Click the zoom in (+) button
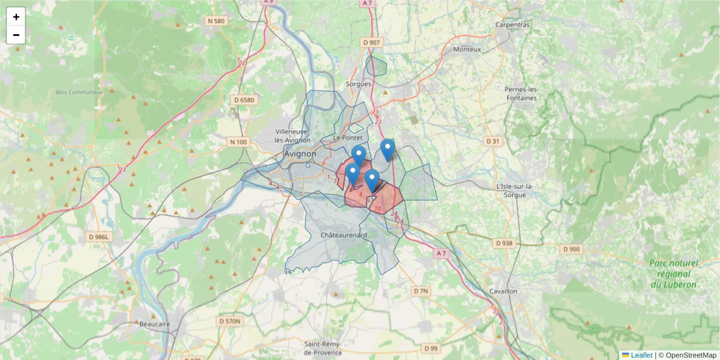pos(16,17)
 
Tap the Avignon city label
pos(300,154)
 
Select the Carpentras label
pos(512,25)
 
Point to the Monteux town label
pos(467,49)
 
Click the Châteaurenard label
pos(344,235)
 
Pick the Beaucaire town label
pos(155,324)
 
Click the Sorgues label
pos(359,84)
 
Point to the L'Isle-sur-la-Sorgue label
pos(515,190)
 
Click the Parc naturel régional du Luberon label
pos(673,274)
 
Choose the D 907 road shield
pos(372,43)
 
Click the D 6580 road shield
pos(244,100)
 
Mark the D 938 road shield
pos(505,243)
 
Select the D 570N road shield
pos(230,321)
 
